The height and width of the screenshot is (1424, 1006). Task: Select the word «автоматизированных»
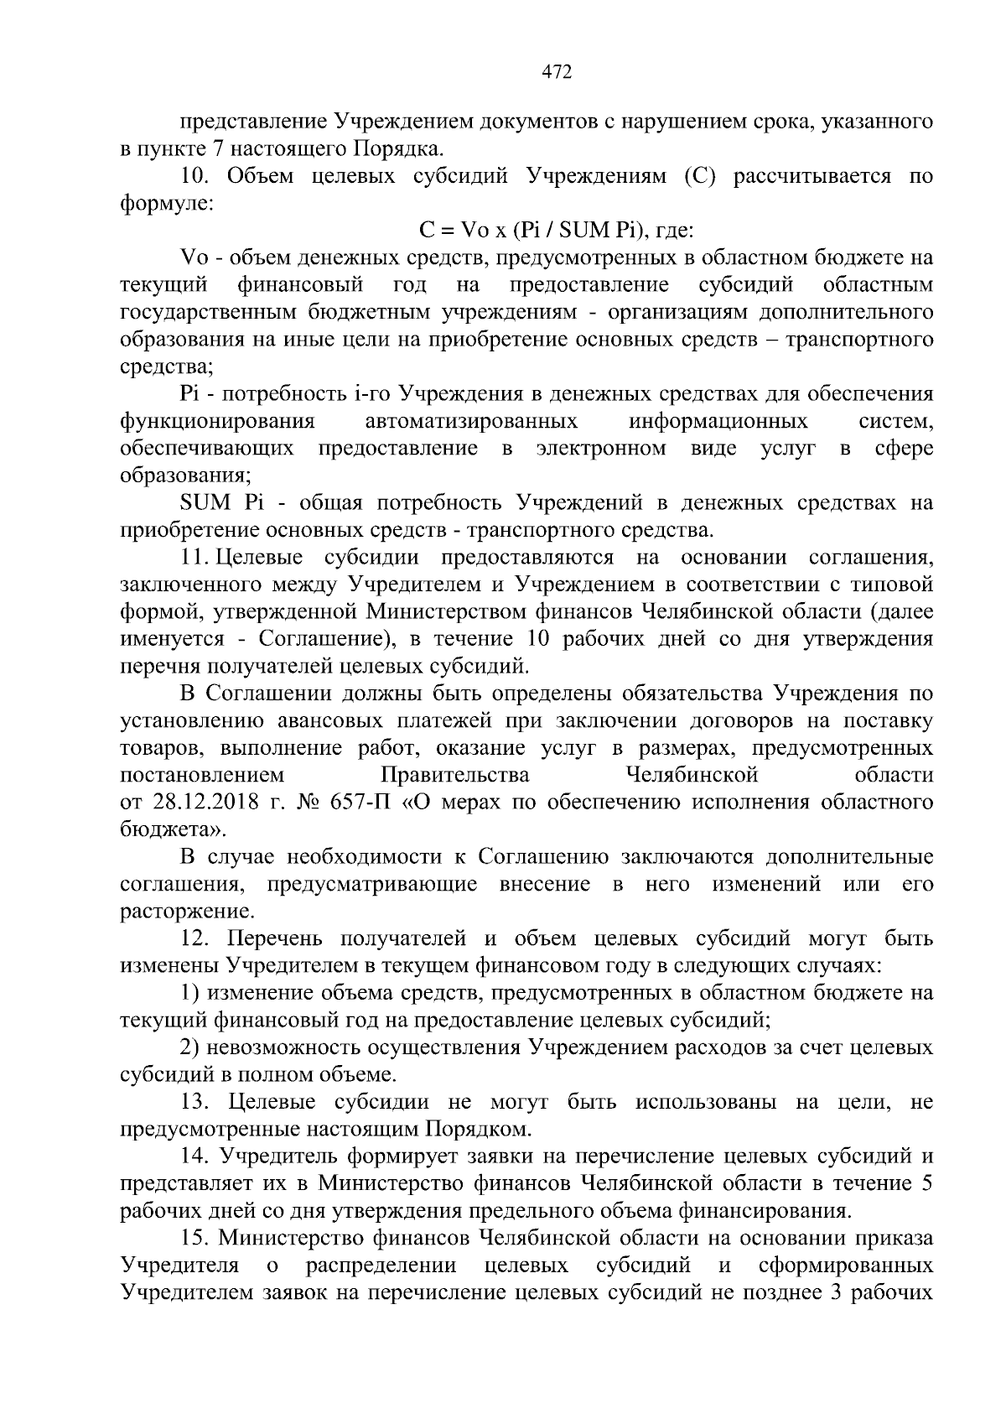point(471,420)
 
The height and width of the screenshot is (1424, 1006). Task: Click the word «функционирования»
point(218,420)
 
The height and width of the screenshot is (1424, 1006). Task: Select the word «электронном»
point(601,448)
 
